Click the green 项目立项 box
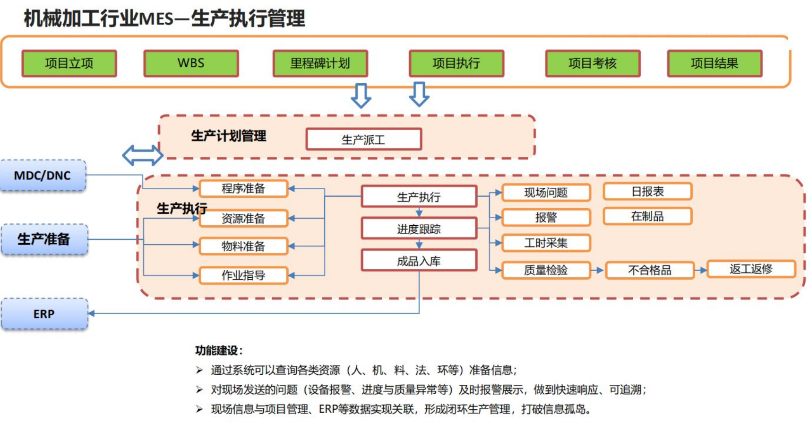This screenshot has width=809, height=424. click(x=69, y=63)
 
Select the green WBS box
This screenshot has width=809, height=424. click(x=191, y=63)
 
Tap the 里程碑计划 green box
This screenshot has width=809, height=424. click(x=320, y=63)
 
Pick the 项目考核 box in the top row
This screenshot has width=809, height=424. click(x=593, y=63)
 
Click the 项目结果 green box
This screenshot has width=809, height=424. click(x=714, y=63)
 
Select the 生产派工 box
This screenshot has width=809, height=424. click(x=363, y=140)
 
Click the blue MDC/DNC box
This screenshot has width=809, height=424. click(x=43, y=176)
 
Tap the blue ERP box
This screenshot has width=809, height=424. click(x=44, y=314)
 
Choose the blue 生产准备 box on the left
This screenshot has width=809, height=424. click(x=44, y=239)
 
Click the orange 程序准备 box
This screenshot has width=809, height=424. click(x=243, y=188)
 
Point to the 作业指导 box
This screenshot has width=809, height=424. click(x=243, y=275)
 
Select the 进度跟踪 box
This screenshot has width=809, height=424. click(x=419, y=229)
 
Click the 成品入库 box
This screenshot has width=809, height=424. click(x=419, y=261)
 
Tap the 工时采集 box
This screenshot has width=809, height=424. click(x=546, y=243)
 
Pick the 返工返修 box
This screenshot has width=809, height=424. click(x=751, y=269)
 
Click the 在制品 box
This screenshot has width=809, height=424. click(x=647, y=216)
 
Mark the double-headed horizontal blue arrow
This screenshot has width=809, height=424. click(x=142, y=155)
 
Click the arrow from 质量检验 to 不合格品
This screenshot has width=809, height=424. click(x=598, y=270)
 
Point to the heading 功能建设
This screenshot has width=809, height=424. click(x=219, y=351)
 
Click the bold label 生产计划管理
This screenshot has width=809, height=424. click(x=229, y=136)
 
